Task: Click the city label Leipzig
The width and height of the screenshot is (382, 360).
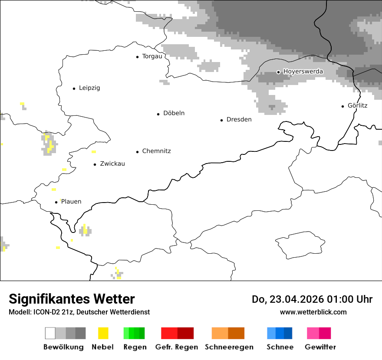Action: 89,88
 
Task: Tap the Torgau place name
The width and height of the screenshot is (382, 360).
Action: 152,56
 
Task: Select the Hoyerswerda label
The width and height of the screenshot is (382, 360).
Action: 303,72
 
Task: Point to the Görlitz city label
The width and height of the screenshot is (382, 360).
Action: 357,105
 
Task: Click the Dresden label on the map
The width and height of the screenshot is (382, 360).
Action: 239,120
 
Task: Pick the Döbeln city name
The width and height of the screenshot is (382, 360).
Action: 174,113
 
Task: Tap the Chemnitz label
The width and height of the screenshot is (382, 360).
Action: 156,151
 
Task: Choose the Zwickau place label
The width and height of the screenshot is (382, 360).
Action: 112,164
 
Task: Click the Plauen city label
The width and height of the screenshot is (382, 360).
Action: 71,202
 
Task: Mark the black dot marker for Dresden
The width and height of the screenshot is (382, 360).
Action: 221,120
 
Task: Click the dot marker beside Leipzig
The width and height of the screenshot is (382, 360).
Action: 74,88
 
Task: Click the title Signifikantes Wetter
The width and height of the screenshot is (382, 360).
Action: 72,299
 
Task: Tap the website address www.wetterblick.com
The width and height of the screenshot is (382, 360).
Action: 313,312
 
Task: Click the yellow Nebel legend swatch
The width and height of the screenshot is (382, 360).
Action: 103,333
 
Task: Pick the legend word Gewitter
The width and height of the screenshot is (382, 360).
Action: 320,347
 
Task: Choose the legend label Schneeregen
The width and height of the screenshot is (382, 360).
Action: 229,347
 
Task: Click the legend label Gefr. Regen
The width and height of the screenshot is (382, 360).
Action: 177,347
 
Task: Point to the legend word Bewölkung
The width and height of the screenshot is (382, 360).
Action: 63,347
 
